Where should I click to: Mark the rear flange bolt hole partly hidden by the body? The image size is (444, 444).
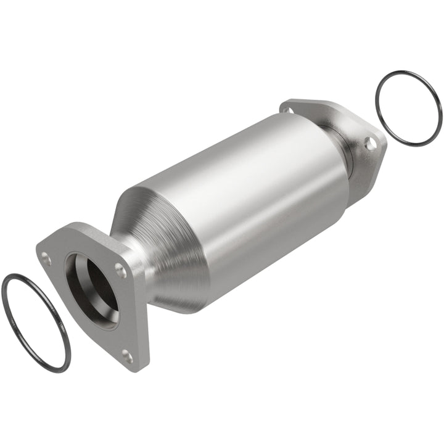(x=286, y=111)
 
